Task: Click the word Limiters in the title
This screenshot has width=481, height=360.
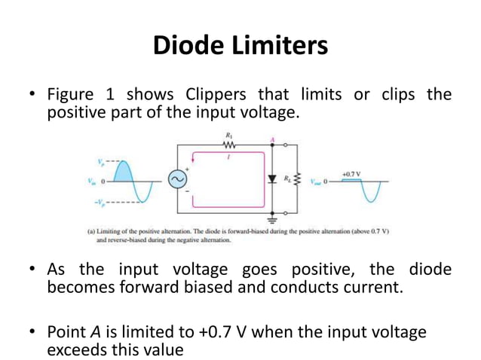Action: click(283, 46)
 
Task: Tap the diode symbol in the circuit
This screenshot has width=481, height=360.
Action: click(272, 178)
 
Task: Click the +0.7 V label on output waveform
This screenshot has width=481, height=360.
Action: click(351, 172)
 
